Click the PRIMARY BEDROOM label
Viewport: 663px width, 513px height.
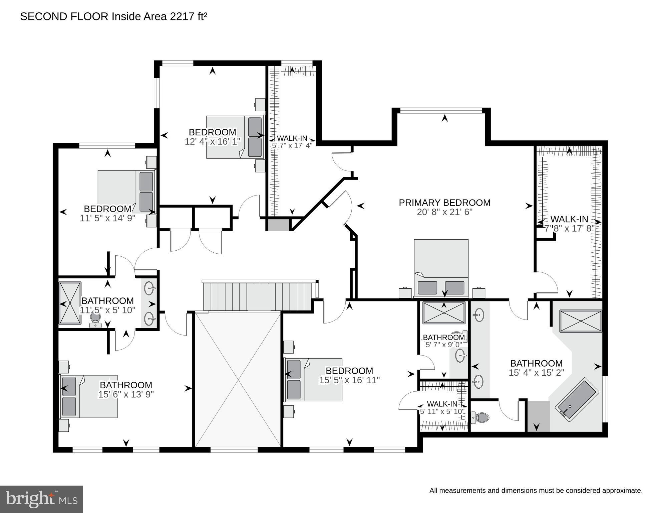coord(444,203)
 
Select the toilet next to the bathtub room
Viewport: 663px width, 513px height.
coord(480,417)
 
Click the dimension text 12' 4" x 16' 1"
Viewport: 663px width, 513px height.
coord(213,142)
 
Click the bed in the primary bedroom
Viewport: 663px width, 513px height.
coord(441,267)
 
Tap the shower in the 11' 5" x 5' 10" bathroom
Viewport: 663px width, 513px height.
coord(70,303)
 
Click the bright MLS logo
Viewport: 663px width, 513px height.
coord(41,499)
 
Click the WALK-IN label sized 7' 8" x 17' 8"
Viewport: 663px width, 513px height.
coord(569,220)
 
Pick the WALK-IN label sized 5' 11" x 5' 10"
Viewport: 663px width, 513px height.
coord(442,404)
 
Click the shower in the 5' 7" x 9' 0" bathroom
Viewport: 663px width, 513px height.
coord(444,313)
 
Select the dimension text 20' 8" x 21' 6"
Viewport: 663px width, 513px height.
coord(444,212)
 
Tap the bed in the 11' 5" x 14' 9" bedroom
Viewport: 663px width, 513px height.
coord(127,191)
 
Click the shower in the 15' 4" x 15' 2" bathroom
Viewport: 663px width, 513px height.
coord(581,321)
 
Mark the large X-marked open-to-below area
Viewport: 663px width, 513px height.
coord(238,379)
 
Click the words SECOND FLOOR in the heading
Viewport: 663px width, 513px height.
coord(64,17)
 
